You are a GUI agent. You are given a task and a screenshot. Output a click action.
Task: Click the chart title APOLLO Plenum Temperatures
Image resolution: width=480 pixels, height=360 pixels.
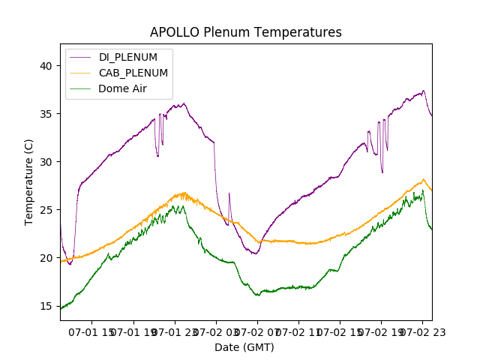click(x=245, y=32)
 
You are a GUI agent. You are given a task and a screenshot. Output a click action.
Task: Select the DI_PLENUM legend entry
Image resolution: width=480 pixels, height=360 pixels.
click(x=128, y=57)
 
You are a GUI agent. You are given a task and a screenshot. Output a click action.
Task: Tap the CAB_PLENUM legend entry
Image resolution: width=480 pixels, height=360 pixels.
click(x=133, y=73)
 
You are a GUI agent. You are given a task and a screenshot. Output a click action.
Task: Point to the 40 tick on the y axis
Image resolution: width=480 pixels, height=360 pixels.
click(x=46, y=66)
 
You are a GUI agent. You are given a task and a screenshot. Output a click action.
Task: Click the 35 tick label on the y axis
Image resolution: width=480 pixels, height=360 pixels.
click(x=46, y=114)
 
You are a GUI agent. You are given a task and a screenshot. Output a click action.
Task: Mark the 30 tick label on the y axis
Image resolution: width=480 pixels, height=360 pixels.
click(x=46, y=162)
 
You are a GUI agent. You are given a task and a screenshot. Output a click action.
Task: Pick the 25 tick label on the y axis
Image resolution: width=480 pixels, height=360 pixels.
click(x=46, y=210)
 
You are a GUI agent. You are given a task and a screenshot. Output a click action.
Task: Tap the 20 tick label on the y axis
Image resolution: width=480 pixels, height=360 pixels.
click(x=46, y=258)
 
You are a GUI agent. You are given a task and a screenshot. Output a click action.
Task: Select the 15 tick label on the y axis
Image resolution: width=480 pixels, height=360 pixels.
click(x=46, y=306)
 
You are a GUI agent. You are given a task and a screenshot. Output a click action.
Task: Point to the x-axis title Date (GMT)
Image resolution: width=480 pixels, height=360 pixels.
click(x=244, y=347)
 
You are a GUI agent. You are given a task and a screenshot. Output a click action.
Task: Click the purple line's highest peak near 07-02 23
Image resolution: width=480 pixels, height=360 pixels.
click(x=423, y=91)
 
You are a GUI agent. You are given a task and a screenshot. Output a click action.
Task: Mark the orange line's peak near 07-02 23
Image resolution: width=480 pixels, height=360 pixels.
click(x=423, y=179)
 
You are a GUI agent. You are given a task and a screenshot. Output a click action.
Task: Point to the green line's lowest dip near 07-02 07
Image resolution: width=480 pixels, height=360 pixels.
click(x=258, y=295)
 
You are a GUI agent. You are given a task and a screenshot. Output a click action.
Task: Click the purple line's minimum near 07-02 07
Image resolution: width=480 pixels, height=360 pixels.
click(x=255, y=253)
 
